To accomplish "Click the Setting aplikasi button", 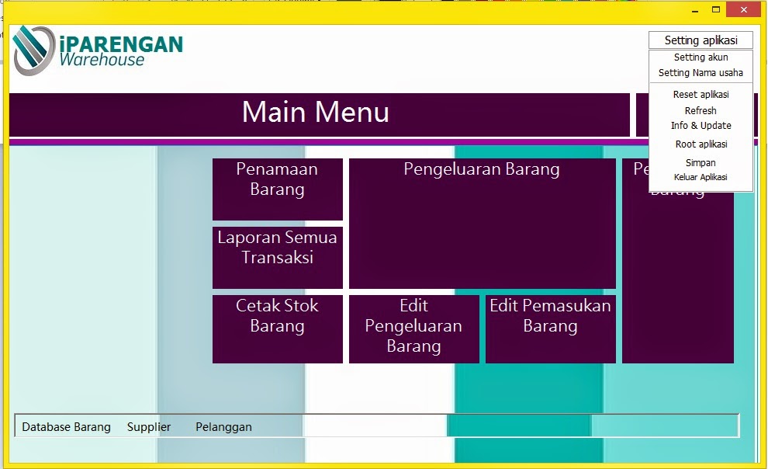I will (x=701, y=40).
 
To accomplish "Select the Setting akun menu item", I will (x=701, y=57).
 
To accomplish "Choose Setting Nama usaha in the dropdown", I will (x=701, y=73).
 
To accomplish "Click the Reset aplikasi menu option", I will (x=701, y=95).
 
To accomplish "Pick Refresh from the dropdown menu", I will (x=701, y=111).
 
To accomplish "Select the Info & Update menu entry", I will (x=701, y=126).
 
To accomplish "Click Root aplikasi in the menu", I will (x=701, y=144).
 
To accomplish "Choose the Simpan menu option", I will (x=701, y=163).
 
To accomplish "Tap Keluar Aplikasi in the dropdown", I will (x=701, y=177).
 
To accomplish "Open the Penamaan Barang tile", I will (x=277, y=189).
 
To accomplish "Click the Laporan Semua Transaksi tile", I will (x=277, y=257).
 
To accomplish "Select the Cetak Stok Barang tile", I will (x=277, y=328).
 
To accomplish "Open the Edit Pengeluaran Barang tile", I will (x=413, y=328).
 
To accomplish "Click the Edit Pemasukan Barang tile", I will (x=550, y=328).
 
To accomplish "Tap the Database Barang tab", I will (x=66, y=427).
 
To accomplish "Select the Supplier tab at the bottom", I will (x=149, y=427).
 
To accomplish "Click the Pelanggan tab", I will (x=223, y=427).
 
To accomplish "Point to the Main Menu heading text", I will (x=316, y=113).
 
